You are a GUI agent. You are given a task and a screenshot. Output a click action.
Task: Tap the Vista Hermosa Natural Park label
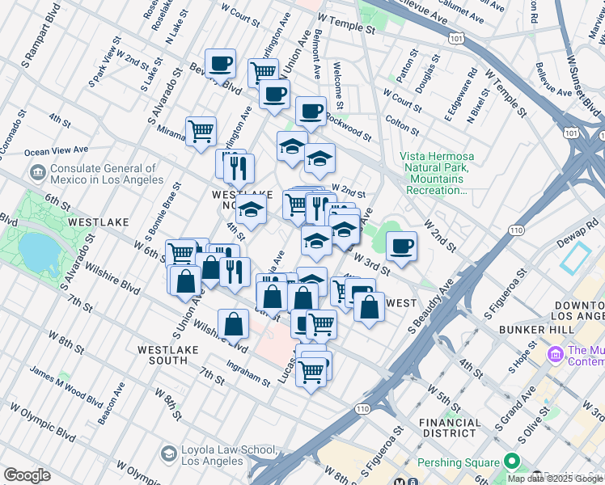(x=437, y=173)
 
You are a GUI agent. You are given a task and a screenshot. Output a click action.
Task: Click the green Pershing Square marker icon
(x=511, y=462)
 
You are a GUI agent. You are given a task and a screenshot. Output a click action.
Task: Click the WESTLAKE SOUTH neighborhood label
(x=174, y=354)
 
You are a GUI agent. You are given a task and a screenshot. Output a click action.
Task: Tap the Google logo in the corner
(x=27, y=475)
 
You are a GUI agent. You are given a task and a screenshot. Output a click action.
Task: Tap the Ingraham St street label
(x=247, y=373)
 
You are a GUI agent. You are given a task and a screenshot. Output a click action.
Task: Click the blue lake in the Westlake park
(x=37, y=255)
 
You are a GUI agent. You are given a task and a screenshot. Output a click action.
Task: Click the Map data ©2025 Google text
(x=554, y=479)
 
